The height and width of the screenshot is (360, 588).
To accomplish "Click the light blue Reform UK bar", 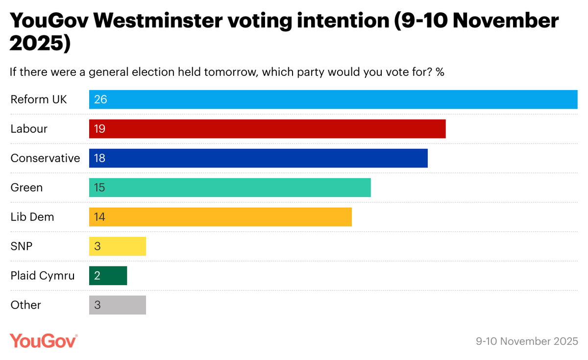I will tap(333, 99).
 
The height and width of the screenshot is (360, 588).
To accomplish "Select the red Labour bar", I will tap(267, 129).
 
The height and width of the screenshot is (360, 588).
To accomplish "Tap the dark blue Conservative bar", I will tap(258, 158).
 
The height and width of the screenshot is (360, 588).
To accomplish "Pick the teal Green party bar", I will tap(230, 188).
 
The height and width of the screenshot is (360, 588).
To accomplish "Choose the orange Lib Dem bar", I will tap(220, 217).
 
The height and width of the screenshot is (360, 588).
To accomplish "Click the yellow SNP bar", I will tap(118, 246).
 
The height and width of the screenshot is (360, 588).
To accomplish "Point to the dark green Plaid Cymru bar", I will tap(108, 276).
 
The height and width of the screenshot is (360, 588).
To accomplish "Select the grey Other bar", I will tap(118, 305).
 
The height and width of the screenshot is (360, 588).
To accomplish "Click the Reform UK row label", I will tap(39, 99).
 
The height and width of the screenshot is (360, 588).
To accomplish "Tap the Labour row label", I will tap(29, 129).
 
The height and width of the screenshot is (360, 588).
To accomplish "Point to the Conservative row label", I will tap(45, 158).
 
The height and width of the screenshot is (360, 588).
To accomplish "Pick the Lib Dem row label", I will tap(32, 217).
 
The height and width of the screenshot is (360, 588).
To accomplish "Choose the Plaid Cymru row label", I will tap(43, 276).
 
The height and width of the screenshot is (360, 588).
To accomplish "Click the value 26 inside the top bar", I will tap(100, 99).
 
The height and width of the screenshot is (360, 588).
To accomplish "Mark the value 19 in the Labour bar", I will tap(100, 129).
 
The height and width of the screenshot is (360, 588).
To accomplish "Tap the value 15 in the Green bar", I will tap(100, 188).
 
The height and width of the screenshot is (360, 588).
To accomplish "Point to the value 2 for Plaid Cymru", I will tap(97, 276).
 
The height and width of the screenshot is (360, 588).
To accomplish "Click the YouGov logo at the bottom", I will tap(44, 340).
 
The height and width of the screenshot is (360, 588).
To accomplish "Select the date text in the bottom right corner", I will tap(527, 341).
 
